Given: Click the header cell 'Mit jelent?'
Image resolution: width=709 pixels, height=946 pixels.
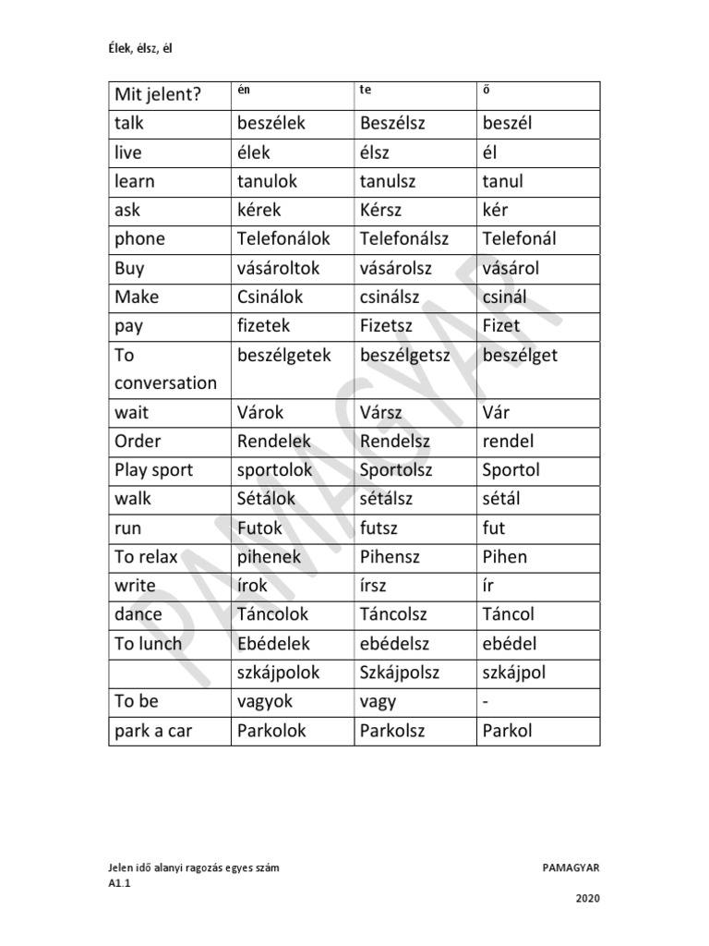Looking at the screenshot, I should [x=158, y=95].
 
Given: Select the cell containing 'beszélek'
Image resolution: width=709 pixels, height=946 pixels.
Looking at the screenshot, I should [x=270, y=124].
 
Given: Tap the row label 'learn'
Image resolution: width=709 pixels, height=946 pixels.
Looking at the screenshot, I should [x=135, y=181].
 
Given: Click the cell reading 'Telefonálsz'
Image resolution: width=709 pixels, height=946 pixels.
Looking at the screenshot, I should [x=404, y=239].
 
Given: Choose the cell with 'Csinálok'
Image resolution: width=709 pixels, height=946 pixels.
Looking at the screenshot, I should [x=270, y=297].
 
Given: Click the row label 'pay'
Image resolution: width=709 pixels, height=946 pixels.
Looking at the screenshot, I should [x=129, y=326].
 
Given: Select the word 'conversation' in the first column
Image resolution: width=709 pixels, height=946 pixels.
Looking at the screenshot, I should [x=165, y=383].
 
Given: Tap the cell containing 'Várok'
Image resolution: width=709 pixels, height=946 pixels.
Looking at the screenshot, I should [x=260, y=412].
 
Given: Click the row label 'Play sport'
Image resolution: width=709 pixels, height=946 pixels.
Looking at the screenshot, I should [x=154, y=470].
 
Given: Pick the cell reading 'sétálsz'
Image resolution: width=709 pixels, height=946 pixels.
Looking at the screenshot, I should [x=386, y=499].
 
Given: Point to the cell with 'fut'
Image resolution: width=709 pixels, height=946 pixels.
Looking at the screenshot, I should [x=494, y=528].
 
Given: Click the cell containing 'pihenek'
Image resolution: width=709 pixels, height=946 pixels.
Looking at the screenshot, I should [x=269, y=557].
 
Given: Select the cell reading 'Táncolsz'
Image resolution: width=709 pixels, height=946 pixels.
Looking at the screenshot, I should [x=399, y=614].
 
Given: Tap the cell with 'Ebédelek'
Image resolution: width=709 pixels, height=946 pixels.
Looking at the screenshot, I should [x=273, y=644].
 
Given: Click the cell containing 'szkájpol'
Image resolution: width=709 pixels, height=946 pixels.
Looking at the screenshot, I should [x=514, y=673].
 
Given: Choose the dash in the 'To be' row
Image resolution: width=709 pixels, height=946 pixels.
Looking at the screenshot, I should [x=486, y=702].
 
